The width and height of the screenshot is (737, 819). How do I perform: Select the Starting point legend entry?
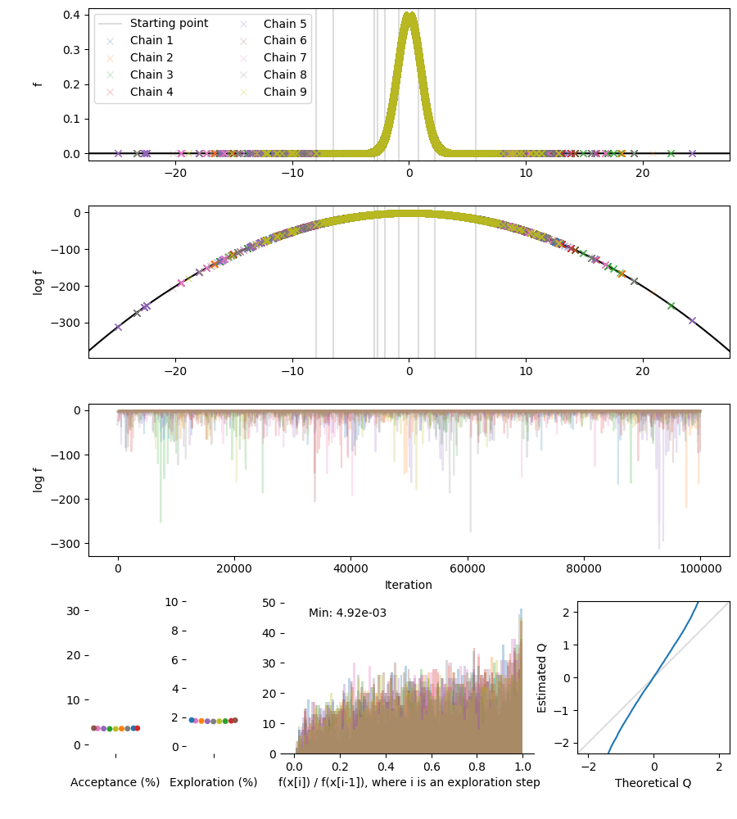click(169, 24)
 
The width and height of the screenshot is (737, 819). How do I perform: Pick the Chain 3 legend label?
click(151, 75)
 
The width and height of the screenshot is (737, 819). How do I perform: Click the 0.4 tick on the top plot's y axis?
click(72, 15)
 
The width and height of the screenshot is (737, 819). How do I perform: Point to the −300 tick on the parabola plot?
click(67, 323)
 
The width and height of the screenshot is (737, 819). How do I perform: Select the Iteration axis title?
click(409, 585)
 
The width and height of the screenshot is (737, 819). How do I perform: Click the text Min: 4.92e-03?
click(347, 613)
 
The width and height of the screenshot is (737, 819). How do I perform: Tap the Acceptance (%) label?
click(115, 782)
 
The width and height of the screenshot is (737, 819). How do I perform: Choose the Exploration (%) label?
click(213, 782)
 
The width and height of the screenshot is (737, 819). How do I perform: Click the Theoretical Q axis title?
click(653, 783)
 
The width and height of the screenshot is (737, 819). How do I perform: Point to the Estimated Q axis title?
click(542, 677)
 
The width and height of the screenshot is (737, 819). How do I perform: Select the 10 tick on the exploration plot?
click(171, 602)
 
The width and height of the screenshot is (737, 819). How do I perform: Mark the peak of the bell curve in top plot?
click(409, 13)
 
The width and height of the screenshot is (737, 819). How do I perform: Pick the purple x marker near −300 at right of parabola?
click(692, 320)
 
